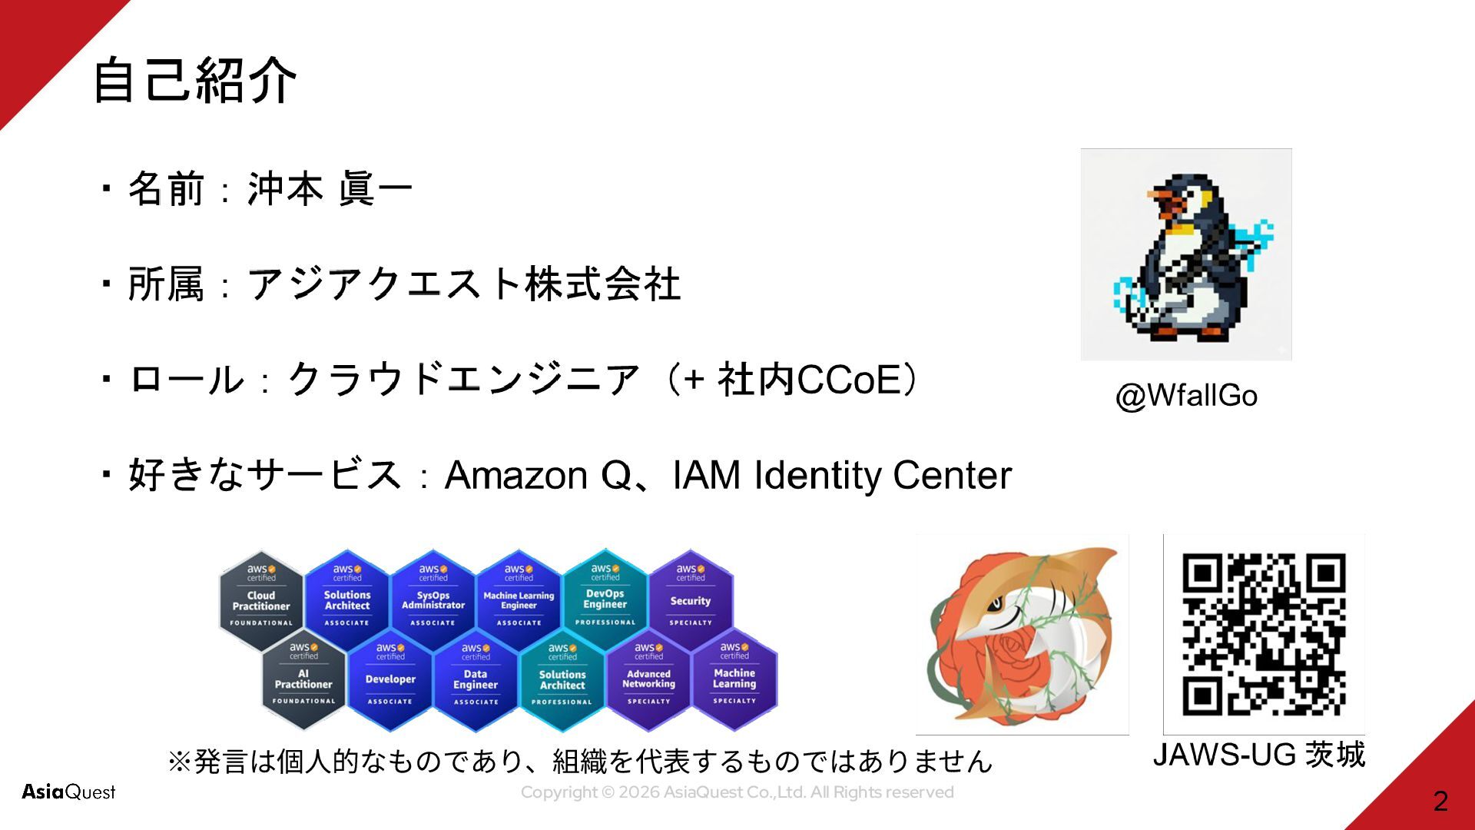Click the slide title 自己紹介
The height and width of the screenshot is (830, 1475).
[x=194, y=80]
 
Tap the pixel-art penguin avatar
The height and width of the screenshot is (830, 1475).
[x=1185, y=255]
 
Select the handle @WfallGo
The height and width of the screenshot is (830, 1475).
[x=1186, y=396]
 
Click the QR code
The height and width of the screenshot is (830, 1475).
[x=1263, y=634]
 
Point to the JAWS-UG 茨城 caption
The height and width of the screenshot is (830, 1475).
[x=1258, y=755]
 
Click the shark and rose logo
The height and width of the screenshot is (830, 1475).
[x=1022, y=635]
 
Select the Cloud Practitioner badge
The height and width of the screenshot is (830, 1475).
[x=261, y=600]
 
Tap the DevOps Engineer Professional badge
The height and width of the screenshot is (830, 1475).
[x=605, y=600]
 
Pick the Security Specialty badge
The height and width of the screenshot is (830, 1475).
[x=691, y=600]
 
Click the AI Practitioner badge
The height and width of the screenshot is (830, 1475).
[x=303, y=679]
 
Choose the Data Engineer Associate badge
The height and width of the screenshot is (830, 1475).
[x=476, y=679]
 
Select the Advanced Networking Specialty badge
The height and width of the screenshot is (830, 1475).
[x=648, y=679]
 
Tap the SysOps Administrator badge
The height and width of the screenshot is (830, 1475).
[x=433, y=600]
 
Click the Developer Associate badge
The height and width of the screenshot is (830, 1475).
[x=390, y=679]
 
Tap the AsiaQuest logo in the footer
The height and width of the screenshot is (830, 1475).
[x=68, y=792]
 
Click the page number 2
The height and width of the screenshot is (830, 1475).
[x=1440, y=801]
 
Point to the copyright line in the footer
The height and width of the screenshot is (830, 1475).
[x=737, y=792]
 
